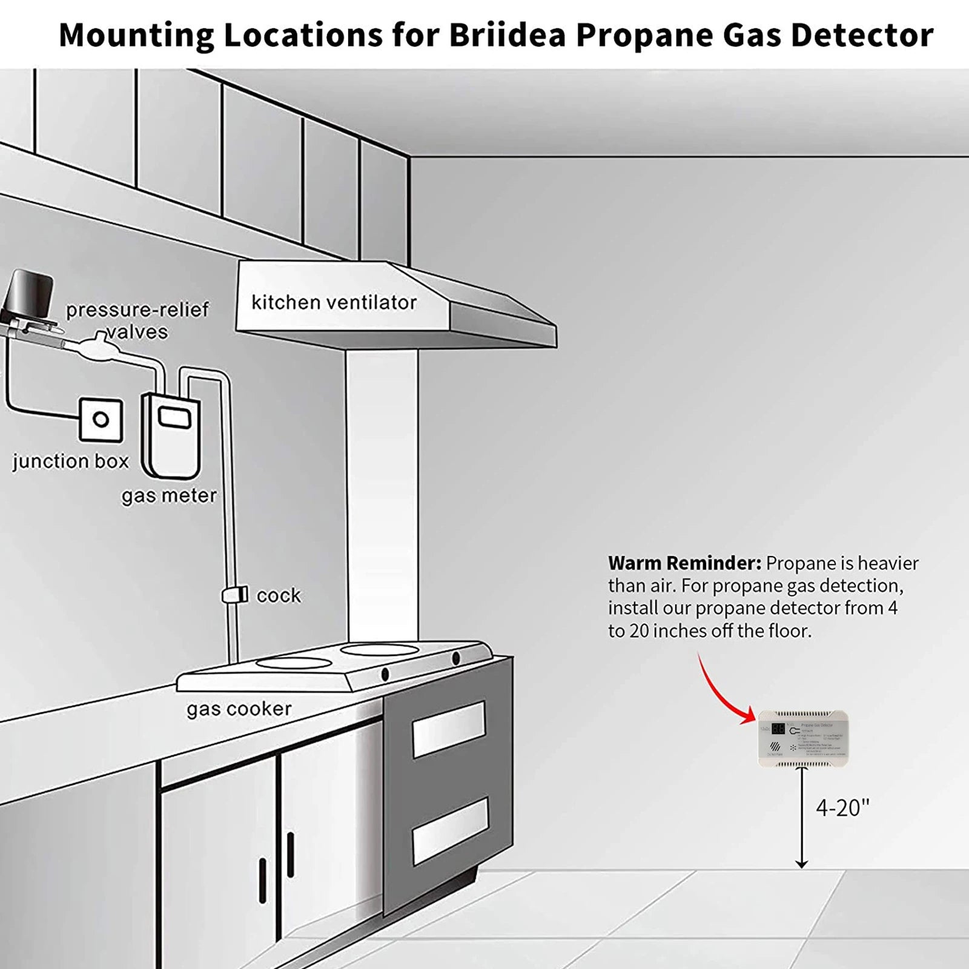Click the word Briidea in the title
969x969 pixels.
pos(507,35)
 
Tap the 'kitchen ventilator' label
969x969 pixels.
pos(334,302)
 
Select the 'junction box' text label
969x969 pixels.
pos(71,461)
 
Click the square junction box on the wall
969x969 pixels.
pos(101,420)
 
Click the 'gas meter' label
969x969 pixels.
pos(169,496)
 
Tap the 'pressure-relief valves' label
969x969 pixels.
pos(137,320)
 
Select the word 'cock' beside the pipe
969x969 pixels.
pos(279,595)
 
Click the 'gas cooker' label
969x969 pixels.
pos(239,709)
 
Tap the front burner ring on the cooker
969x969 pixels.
pos(294,663)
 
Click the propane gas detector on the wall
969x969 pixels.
pos(803,738)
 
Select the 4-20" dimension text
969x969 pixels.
pos(842,807)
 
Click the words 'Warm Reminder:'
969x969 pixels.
pos(684,563)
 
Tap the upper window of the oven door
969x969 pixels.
pos(449,729)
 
